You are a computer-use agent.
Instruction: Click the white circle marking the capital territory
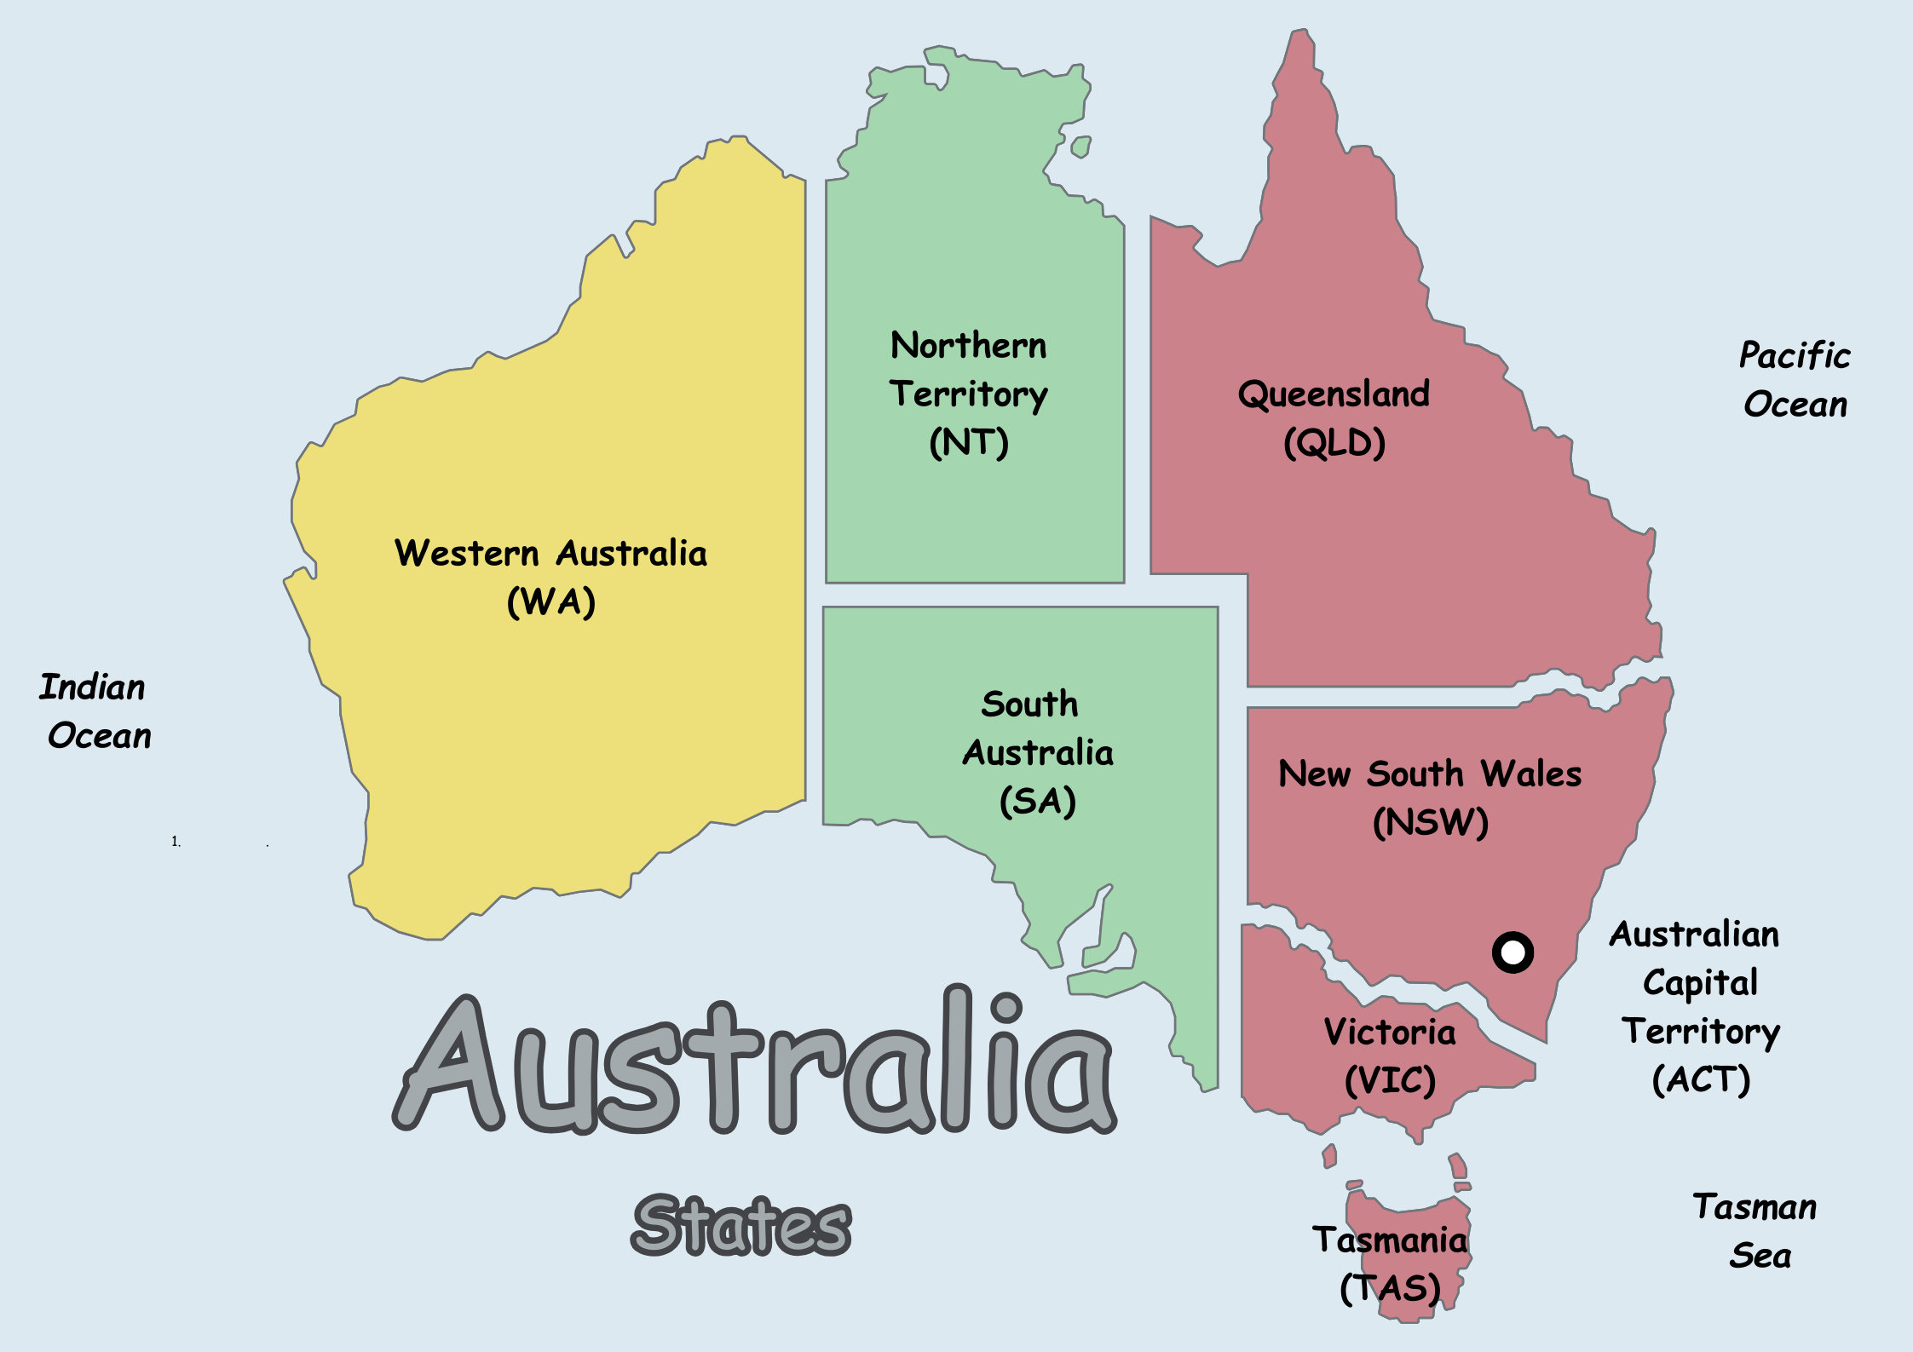1513,952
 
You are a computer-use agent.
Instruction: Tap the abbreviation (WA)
550,602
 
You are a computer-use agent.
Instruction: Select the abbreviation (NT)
969,442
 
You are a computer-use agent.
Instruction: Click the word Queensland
1334,394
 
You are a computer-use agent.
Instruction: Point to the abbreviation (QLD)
1334,443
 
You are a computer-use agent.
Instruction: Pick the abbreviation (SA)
1037,801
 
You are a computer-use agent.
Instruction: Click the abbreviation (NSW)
1431,822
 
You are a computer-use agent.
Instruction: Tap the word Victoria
1389,1032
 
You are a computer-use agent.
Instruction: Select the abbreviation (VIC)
1390,1081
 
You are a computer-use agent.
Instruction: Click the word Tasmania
1390,1240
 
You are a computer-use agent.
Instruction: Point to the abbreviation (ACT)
1701,1080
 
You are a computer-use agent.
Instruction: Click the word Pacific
1795,355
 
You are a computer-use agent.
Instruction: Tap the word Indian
92,687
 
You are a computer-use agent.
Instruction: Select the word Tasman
1755,1207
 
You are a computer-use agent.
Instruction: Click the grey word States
741,1225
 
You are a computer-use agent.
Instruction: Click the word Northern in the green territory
968,346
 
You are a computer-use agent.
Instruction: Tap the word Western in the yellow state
467,554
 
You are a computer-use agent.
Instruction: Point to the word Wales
1530,774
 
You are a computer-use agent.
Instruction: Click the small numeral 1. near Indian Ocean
176,842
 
